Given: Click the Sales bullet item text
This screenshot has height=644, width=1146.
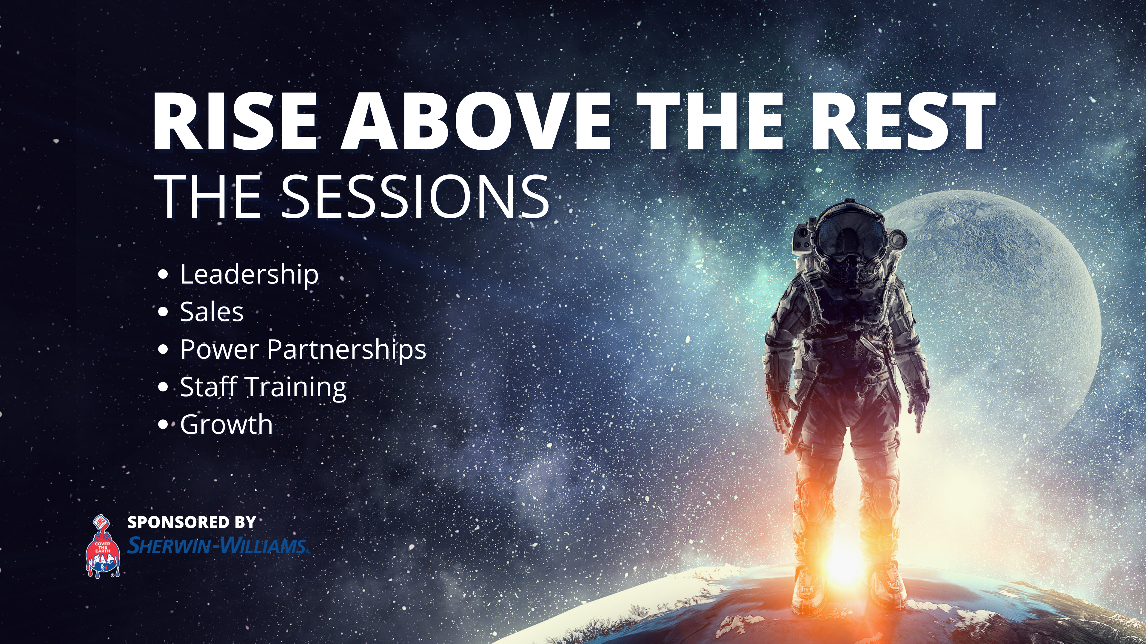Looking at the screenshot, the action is point(212,312).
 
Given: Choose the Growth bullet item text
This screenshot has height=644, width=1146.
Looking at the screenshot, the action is point(227,425).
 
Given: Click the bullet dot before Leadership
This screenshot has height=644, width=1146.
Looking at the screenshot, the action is point(163,275).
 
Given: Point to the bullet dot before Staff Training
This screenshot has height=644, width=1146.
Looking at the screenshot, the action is point(163,387).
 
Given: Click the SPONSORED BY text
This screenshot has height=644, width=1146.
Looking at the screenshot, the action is point(192,522).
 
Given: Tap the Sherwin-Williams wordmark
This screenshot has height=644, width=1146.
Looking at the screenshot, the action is point(218,545).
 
